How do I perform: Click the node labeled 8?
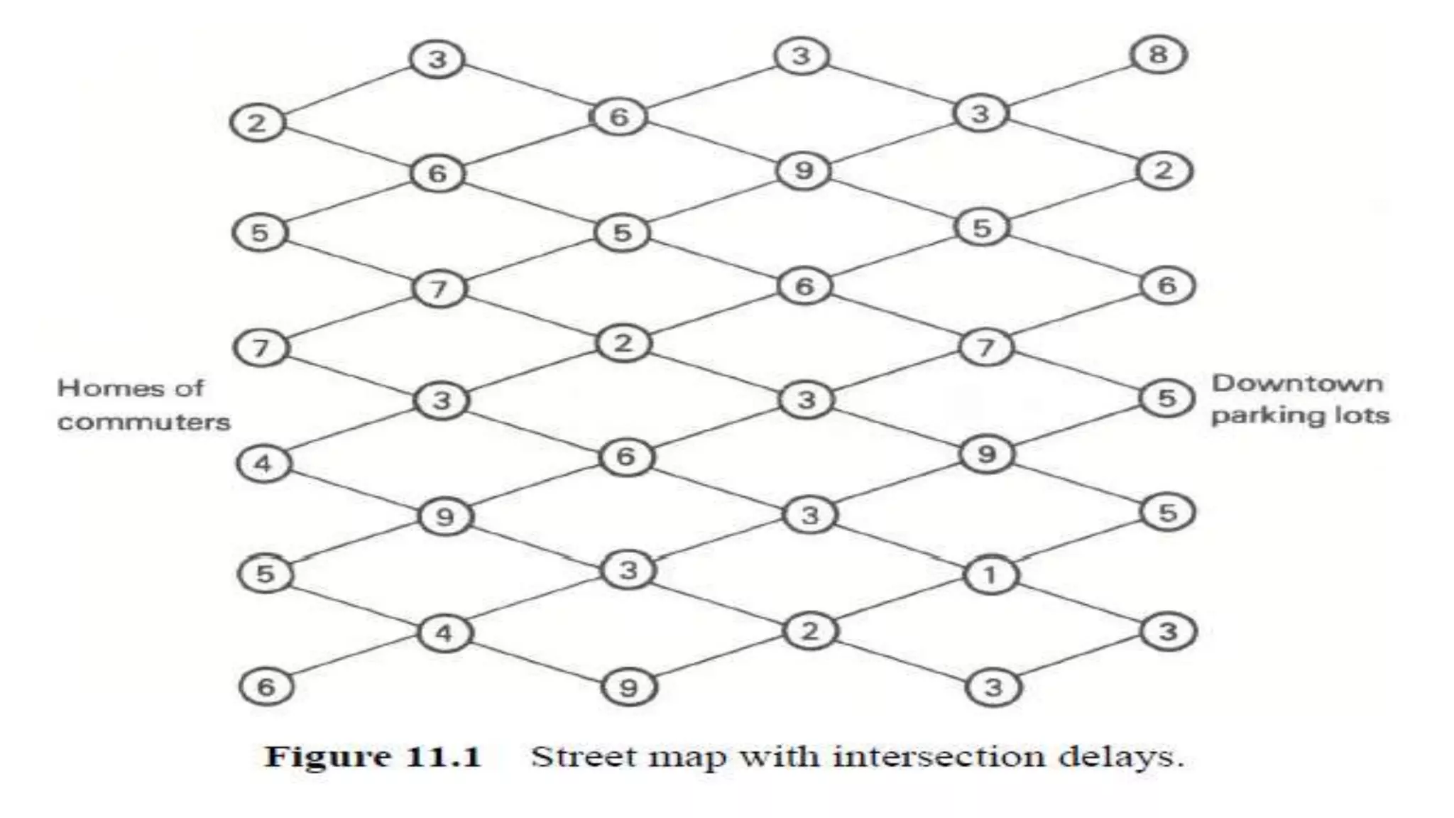pos(1158,55)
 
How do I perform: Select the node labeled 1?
pos(990,574)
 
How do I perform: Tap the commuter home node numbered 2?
pos(256,123)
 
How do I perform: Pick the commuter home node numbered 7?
pos(261,348)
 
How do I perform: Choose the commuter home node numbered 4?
pos(263,464)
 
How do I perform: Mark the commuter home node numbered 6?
pos(266,687)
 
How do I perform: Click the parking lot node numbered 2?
pos(1164,170)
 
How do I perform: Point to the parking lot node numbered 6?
pos(1167,285)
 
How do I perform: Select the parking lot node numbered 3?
pos(1168,631)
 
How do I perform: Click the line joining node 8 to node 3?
pos(1069,84)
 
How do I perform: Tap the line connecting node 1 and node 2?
pos(900,602)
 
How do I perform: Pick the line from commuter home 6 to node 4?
pos(355,659)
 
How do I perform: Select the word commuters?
pos(144,422)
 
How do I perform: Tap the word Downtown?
pos(1297,384)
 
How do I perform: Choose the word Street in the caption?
pos(581,757)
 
